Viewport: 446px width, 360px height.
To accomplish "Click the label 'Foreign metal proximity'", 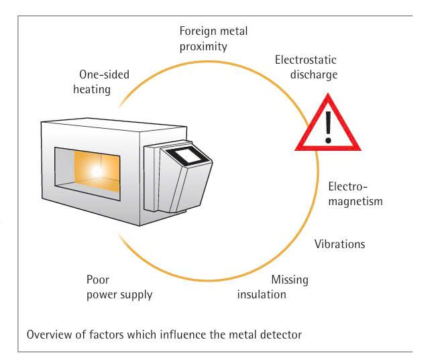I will (204, 39).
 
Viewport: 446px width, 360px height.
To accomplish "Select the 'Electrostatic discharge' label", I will (306, 67).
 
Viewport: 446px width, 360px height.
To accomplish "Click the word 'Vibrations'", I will (339, 244).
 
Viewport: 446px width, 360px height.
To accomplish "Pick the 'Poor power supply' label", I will (119, 287).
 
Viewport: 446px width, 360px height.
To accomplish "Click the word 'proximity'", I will (204, 46).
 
